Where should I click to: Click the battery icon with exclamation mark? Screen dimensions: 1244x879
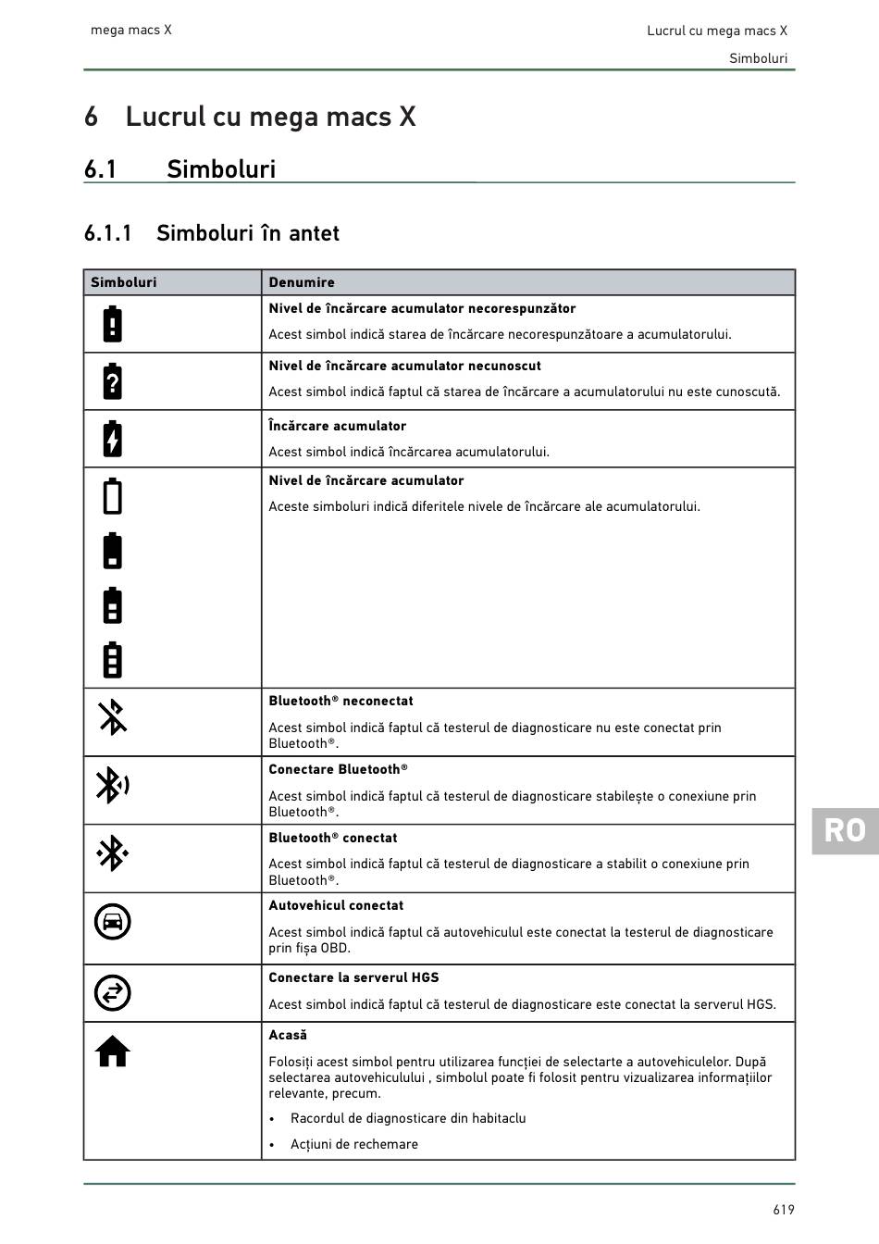click(112, 324)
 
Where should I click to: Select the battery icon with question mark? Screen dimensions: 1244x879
click(112, 381)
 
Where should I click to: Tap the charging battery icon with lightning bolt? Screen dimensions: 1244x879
click(112, 439)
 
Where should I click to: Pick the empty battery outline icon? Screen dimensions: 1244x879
click(112, 495)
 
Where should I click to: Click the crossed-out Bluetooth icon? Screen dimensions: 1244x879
click(112, 717)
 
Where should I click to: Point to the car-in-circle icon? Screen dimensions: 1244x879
click(112, 922)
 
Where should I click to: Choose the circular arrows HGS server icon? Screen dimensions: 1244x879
click(112, 993)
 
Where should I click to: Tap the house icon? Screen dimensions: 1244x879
click(112, 1051)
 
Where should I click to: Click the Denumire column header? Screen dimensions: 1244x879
click(302, 282)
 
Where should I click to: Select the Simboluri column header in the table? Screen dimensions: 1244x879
click(123, 282)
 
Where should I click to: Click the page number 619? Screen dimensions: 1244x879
click(784, 1210)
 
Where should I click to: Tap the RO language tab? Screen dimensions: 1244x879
click(845, 830)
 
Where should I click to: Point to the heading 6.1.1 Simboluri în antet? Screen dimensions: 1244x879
click(211, 233)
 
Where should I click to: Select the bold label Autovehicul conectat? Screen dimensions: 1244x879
click(336, 905)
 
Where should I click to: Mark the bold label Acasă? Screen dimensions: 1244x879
click(288, 1035)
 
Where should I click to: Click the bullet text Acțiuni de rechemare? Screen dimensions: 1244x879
click(353, 1144)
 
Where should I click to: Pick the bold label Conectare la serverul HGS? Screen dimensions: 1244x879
click(353, 977)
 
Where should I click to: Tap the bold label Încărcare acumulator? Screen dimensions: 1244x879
click(337, 426)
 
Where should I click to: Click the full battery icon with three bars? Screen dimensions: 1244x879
click(112, 659)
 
